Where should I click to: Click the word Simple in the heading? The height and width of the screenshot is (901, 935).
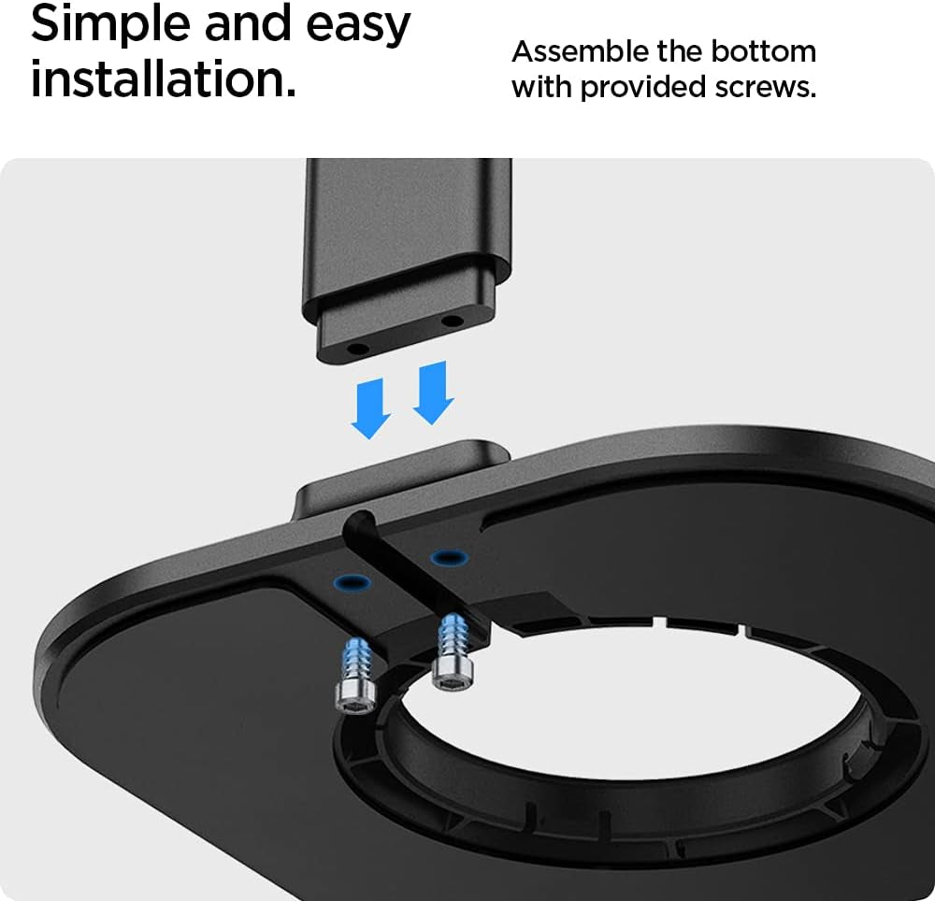pyautogui.click(x=111, y=24)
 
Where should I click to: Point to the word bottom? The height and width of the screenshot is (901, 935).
pyautogui.click(x=764, y=51)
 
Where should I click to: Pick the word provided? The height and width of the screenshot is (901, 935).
pyautogui.click(x=643, y=88)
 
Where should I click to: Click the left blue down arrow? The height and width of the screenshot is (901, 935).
pyautogui.click(x=371, y=408)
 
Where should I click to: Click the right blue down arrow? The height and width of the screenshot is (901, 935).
pyautogui.click(x=434, y=393)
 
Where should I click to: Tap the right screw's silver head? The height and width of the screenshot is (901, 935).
pyautogui.click(x=452, y=675)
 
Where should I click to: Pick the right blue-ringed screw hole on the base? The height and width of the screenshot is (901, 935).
pyautogui.click(x=449, y=558)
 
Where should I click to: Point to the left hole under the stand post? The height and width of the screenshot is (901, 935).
pyautogui.click(x=357, y=348)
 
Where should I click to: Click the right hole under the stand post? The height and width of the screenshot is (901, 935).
pyautogui.click(x=452, y=322)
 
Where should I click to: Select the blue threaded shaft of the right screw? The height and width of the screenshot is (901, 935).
pyautogui.click(x=452, y=636)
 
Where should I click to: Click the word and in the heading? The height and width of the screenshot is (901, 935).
pyautogui.click(x=249, y=24)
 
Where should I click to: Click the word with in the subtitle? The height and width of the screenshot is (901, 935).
pyautogui.click(x=542, y=86)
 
